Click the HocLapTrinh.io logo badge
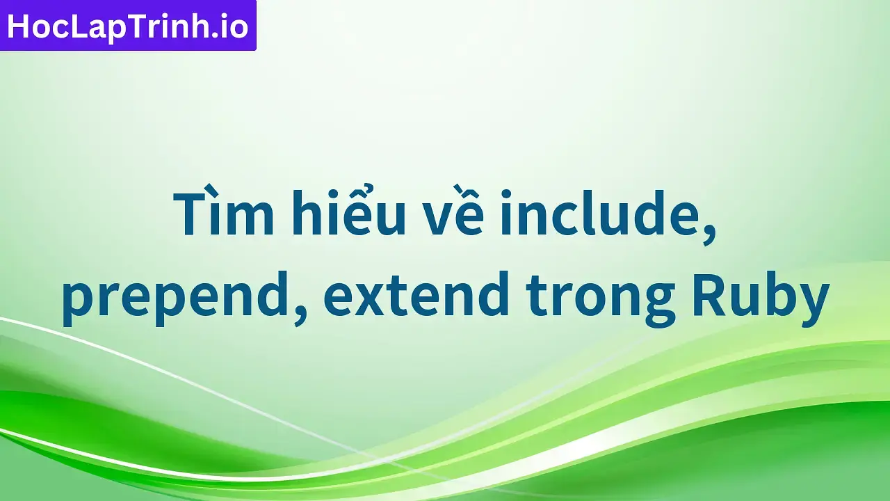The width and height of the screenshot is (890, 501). [x=128, y=26]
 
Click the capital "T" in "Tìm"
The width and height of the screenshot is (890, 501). [x=190, y=214]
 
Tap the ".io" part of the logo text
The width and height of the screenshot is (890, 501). [x=232, y=26]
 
